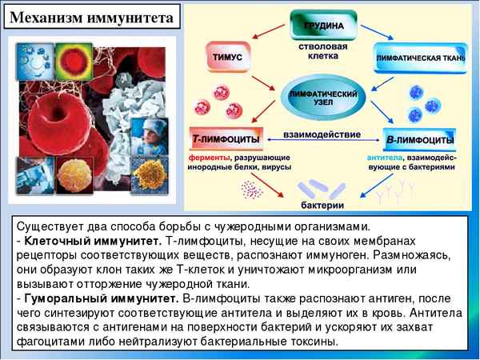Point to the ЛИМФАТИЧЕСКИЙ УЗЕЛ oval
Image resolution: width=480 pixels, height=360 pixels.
tap(323, 93)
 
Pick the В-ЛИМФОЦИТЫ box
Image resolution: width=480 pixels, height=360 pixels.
tap(419, 138)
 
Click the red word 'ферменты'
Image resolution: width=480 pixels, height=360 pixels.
tap(208, 157)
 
